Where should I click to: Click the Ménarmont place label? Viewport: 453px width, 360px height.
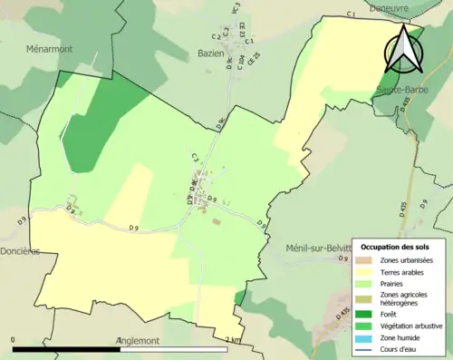50,48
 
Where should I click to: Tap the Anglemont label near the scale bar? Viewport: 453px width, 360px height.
139,341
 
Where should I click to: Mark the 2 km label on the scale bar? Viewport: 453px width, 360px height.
233,340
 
